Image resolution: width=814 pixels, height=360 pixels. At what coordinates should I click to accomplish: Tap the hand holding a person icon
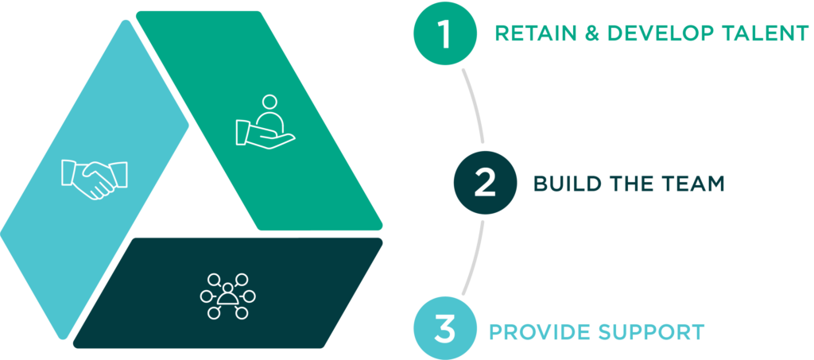[x=265, y=123]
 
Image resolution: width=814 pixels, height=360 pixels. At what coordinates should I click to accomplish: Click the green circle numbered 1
[x=445, y=34]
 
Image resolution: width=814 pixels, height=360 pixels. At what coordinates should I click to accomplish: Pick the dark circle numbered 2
[x=485, y=183]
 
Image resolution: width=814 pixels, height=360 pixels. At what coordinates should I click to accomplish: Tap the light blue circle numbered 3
[x=445, y=329]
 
